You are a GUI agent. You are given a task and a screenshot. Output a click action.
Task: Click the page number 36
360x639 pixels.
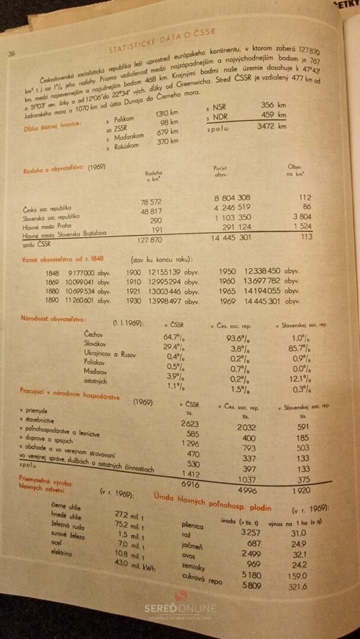tap(11, 54)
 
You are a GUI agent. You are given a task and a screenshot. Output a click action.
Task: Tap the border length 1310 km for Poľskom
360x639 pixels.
tap(166, 114)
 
